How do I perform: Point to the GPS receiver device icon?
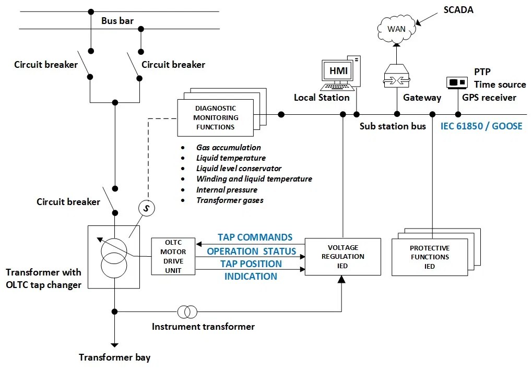click(x=457, y=82)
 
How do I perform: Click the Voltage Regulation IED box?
click(x=342, y=257)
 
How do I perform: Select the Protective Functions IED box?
click(x=429, y=257)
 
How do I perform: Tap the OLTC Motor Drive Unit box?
click(x=173, y=256)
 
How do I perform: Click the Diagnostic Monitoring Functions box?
click(x=216, y=117)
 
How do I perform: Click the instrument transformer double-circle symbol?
click(x=187, y=312)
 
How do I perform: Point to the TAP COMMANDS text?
click(x=255, y=237)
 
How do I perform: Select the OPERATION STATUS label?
click(x=251, y=251)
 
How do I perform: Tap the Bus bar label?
click(x=117, y=21)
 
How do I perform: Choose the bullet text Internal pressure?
click(x=227, y=189)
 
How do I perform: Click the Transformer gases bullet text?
click(x=230, y=200)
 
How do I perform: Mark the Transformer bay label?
click(x=114, y=357)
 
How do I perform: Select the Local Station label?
click(x=322, y=98)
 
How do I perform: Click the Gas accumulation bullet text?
click(x=229, y=148)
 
